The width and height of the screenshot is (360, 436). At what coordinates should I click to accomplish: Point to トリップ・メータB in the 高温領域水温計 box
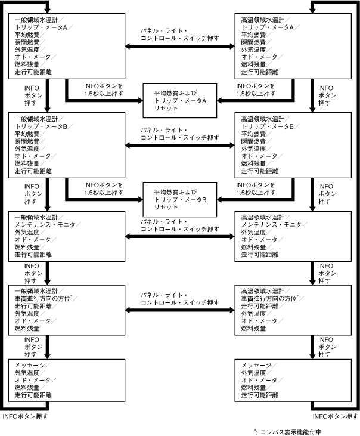pyautogui.click(x=267, y=127)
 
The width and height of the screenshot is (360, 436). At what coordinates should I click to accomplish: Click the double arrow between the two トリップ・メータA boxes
pyautogui.click(x=179, y=50)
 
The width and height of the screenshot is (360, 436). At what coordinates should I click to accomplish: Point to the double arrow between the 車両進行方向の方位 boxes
pyautogui.click(x=179, y=310)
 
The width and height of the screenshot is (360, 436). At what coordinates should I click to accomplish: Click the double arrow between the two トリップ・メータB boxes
pyautogui.click(x=179, y=144)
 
